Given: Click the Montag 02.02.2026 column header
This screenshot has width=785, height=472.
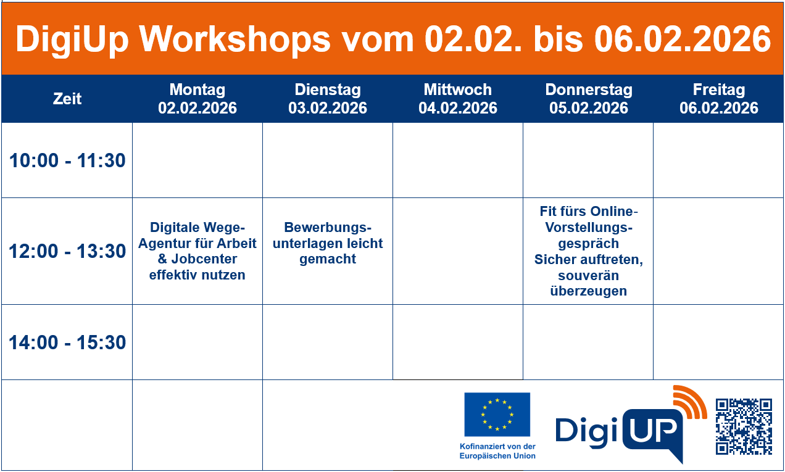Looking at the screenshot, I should (x=197, y=99).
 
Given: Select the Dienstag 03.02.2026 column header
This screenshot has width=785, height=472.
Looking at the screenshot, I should (x=328, y=99).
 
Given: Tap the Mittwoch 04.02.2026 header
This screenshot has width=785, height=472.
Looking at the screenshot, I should (x=458, y=99).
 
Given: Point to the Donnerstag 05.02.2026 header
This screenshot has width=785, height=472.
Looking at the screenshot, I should (x=588, y=99).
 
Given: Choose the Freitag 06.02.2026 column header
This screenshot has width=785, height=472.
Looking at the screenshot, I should (x=719, y=99).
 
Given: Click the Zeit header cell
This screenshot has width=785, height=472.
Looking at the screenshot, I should (x=67, y=99).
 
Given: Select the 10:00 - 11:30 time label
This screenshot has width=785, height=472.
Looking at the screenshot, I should (x=67, y=161).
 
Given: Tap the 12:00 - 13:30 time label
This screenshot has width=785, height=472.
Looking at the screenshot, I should (x=67, y=252).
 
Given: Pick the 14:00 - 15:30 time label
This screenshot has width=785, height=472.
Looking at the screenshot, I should (x=67, y=342).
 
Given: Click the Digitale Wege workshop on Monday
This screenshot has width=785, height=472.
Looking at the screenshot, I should (x=197, y=251).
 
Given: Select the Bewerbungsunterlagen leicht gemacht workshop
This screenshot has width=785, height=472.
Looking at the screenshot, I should (x=328, y=243).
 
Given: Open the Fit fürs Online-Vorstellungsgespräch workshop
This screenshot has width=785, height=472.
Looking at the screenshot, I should (x=588, y=251).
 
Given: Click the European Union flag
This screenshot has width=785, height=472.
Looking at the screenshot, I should (x=497, y=413).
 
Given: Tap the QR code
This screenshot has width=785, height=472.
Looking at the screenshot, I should (x=744, y=426).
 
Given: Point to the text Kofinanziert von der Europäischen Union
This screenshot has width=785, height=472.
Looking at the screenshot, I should (x=497, y=451).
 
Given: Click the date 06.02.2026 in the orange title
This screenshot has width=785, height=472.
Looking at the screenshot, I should (x=683, y=39).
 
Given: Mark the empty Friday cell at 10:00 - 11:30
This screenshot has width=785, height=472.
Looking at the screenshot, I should (x=719, y=160).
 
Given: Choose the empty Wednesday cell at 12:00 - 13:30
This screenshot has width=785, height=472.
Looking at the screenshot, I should (x=458, y=251).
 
